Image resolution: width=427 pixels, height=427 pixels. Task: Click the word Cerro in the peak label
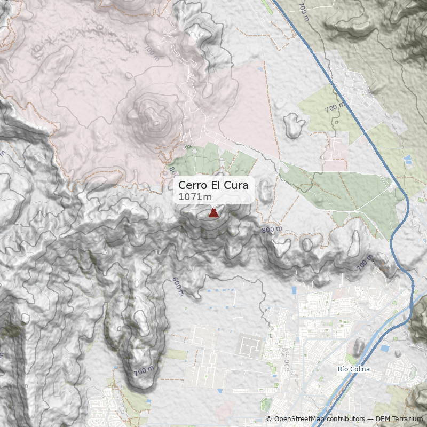pos(191,185)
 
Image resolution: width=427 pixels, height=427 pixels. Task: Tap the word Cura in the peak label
pos(240,185)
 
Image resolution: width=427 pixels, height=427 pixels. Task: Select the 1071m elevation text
pos(191,197)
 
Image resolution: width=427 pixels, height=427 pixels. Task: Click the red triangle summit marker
pos(213,213)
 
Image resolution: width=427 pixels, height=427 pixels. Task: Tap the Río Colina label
pos(354,369)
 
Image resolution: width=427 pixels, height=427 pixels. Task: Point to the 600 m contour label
pos(178,286)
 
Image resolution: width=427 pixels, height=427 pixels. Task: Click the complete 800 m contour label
pos(272,230)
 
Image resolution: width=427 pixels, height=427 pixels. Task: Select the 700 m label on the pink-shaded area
pos(151,52)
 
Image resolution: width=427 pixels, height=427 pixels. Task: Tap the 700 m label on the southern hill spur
pos(143,370)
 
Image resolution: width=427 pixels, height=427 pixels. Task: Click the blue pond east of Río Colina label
pos(385,349)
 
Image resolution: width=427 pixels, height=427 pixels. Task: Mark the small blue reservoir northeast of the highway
pos(408,160)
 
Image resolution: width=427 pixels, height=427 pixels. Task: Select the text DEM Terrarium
pos(400,419)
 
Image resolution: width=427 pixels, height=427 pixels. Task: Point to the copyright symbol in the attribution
pos(269,419)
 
